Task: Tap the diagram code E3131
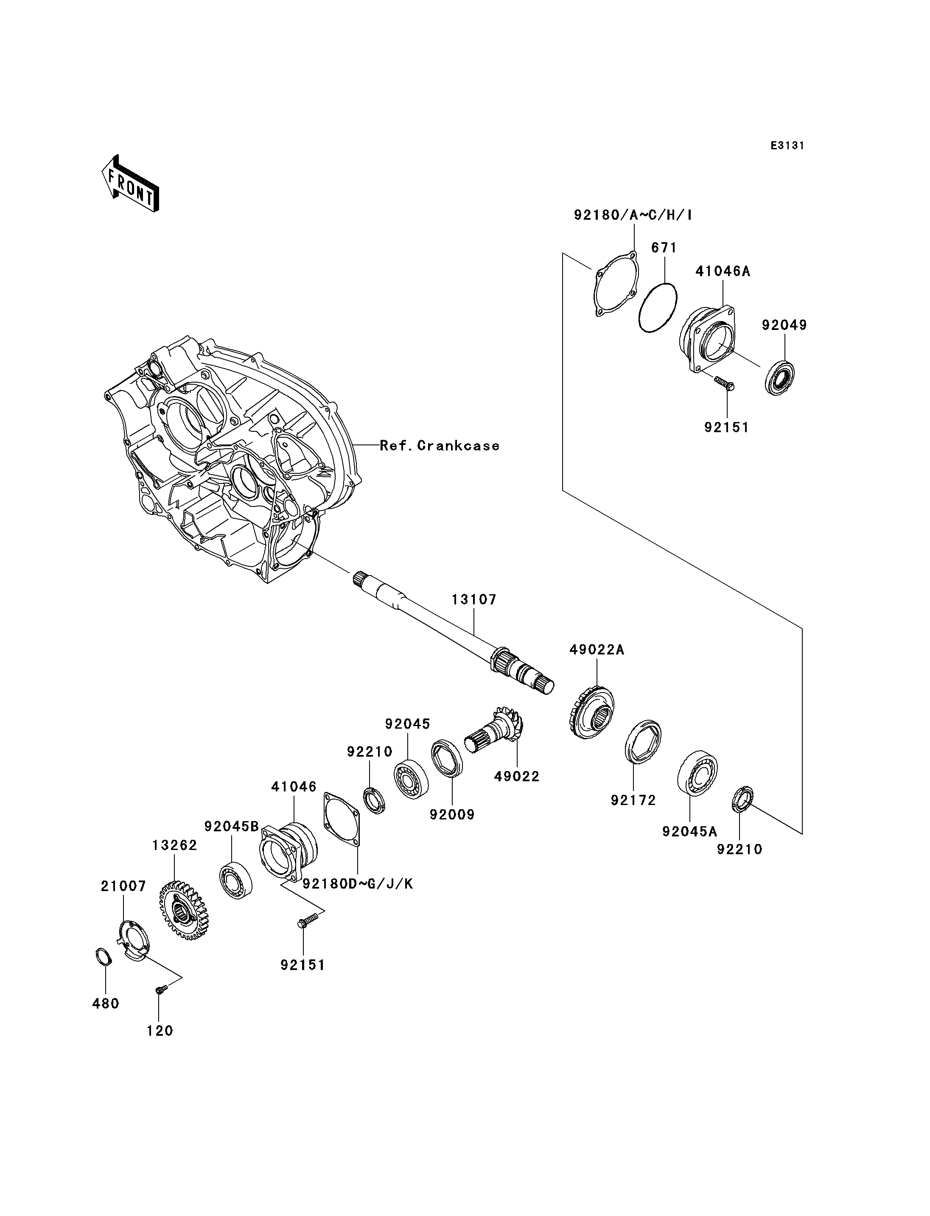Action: point(787,145)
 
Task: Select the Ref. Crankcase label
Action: point(440,445)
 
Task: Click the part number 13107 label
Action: point(474,599)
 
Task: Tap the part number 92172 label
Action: point(633,800)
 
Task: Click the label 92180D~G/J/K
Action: point(358,884)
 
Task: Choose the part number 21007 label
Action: point(123,886)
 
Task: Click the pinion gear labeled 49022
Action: point(494,729)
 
